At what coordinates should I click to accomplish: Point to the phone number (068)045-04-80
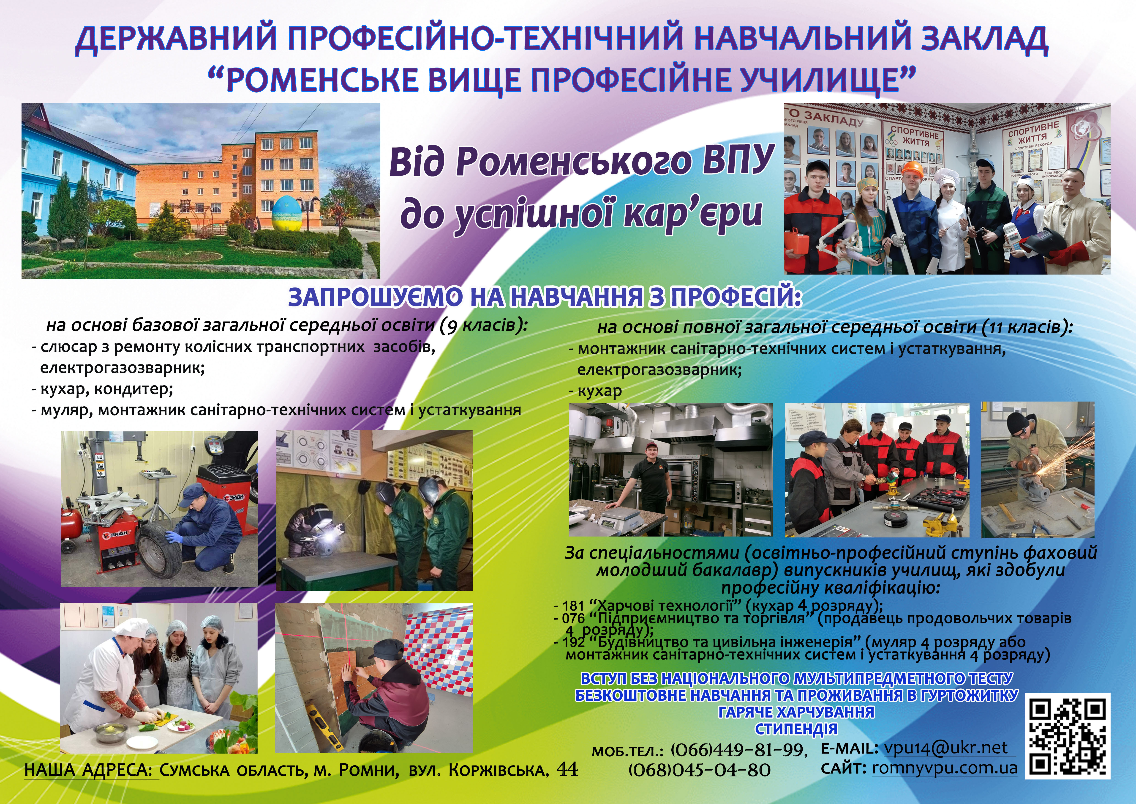coord(699,770)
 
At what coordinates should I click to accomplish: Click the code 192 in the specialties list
coord(574,643)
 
